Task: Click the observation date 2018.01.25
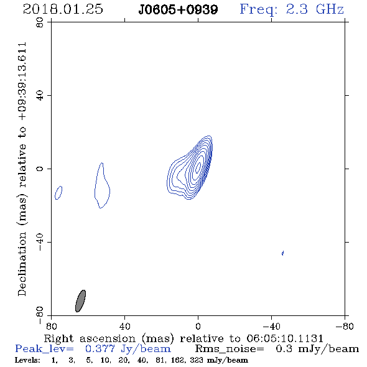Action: coord(63,9)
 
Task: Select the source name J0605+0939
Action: coord(178,10)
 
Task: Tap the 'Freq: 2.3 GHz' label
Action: coord(292,9)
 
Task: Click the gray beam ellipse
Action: coord(80,301)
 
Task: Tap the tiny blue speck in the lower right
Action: coord(283,253)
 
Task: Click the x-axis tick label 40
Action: coord(124,327)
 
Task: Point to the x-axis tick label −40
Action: coord(271,327)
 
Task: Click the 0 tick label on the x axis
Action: coord(198,327)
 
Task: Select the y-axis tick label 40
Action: coord(40,96)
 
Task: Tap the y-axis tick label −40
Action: coord(40,242)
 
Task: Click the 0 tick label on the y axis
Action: coord(40,169)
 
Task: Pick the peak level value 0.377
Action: coord(100,349)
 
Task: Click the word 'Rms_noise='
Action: coord(230,349)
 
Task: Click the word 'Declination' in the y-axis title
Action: coord(22,264)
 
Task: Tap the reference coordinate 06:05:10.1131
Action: coord(285,338)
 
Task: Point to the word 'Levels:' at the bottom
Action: coord(27,360)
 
